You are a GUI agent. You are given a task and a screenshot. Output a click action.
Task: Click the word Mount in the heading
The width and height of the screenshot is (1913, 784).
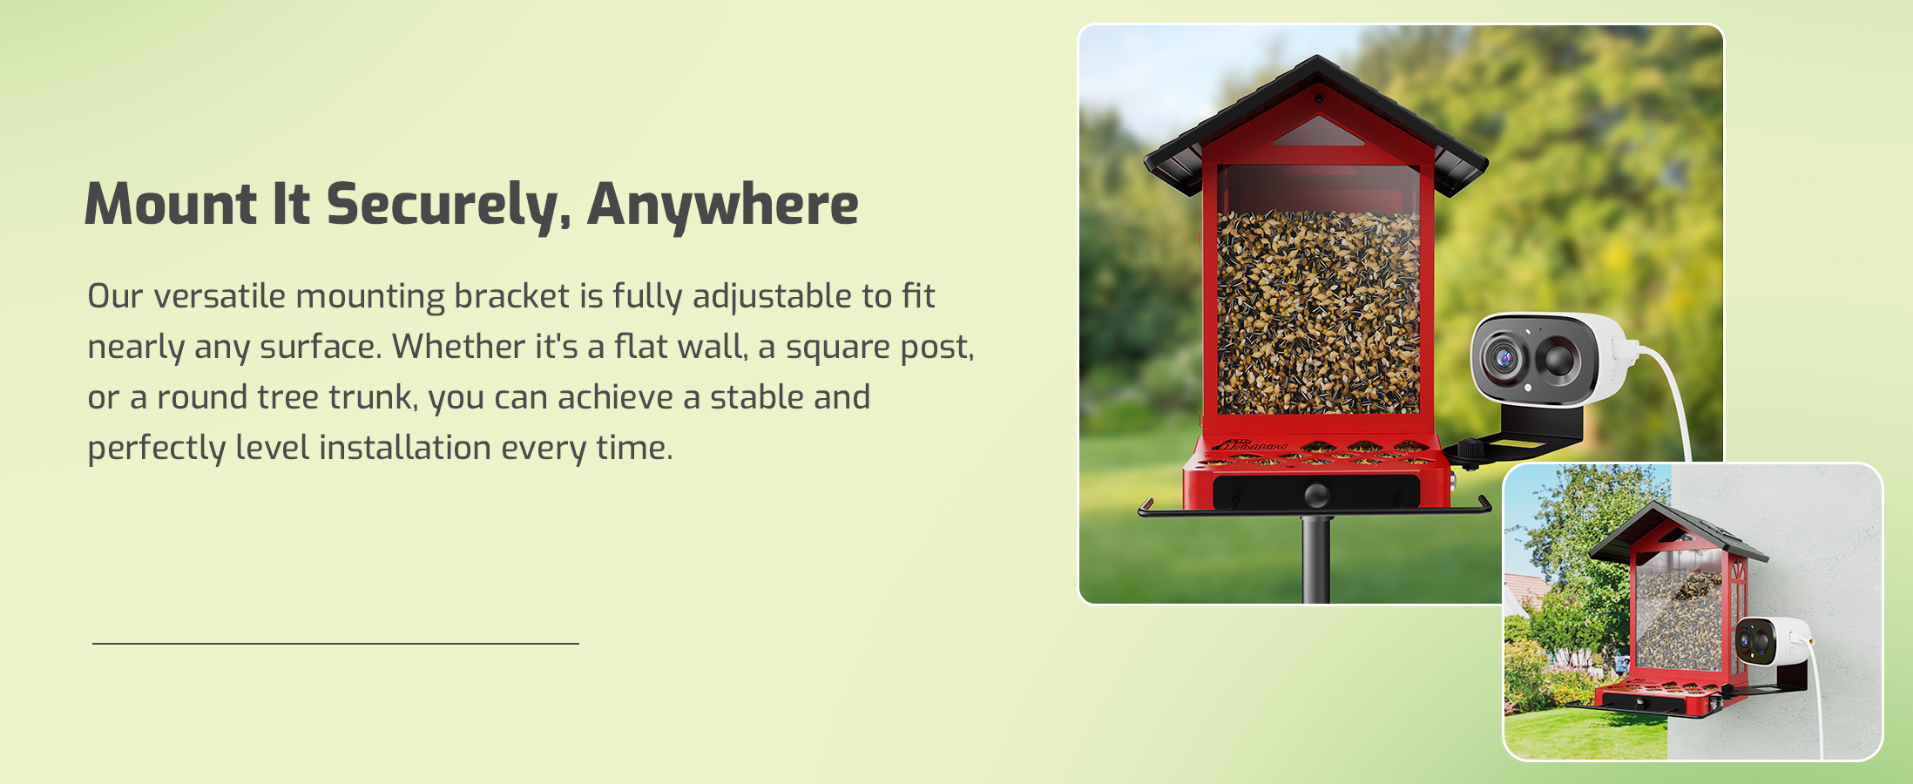(x=171, y=204)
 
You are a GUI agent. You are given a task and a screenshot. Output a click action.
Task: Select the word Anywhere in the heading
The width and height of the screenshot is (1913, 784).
(x=723, y=206)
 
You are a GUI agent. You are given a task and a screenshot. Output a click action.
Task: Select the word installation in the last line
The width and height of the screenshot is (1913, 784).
(x=405, y=448)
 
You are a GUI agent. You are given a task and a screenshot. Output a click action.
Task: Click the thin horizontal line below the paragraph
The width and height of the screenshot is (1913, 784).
(x=335, y=644)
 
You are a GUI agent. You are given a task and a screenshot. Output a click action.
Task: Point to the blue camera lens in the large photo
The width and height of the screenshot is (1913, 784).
(x=1504, y=357)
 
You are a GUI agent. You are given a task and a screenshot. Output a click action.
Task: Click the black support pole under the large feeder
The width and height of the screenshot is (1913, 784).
(x=1316, y=558)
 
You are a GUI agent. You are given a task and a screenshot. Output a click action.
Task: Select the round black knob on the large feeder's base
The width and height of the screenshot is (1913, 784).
(x=1316, y=495)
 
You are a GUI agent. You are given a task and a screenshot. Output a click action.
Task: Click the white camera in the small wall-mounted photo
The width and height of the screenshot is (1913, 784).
(x=1774, y=641)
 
